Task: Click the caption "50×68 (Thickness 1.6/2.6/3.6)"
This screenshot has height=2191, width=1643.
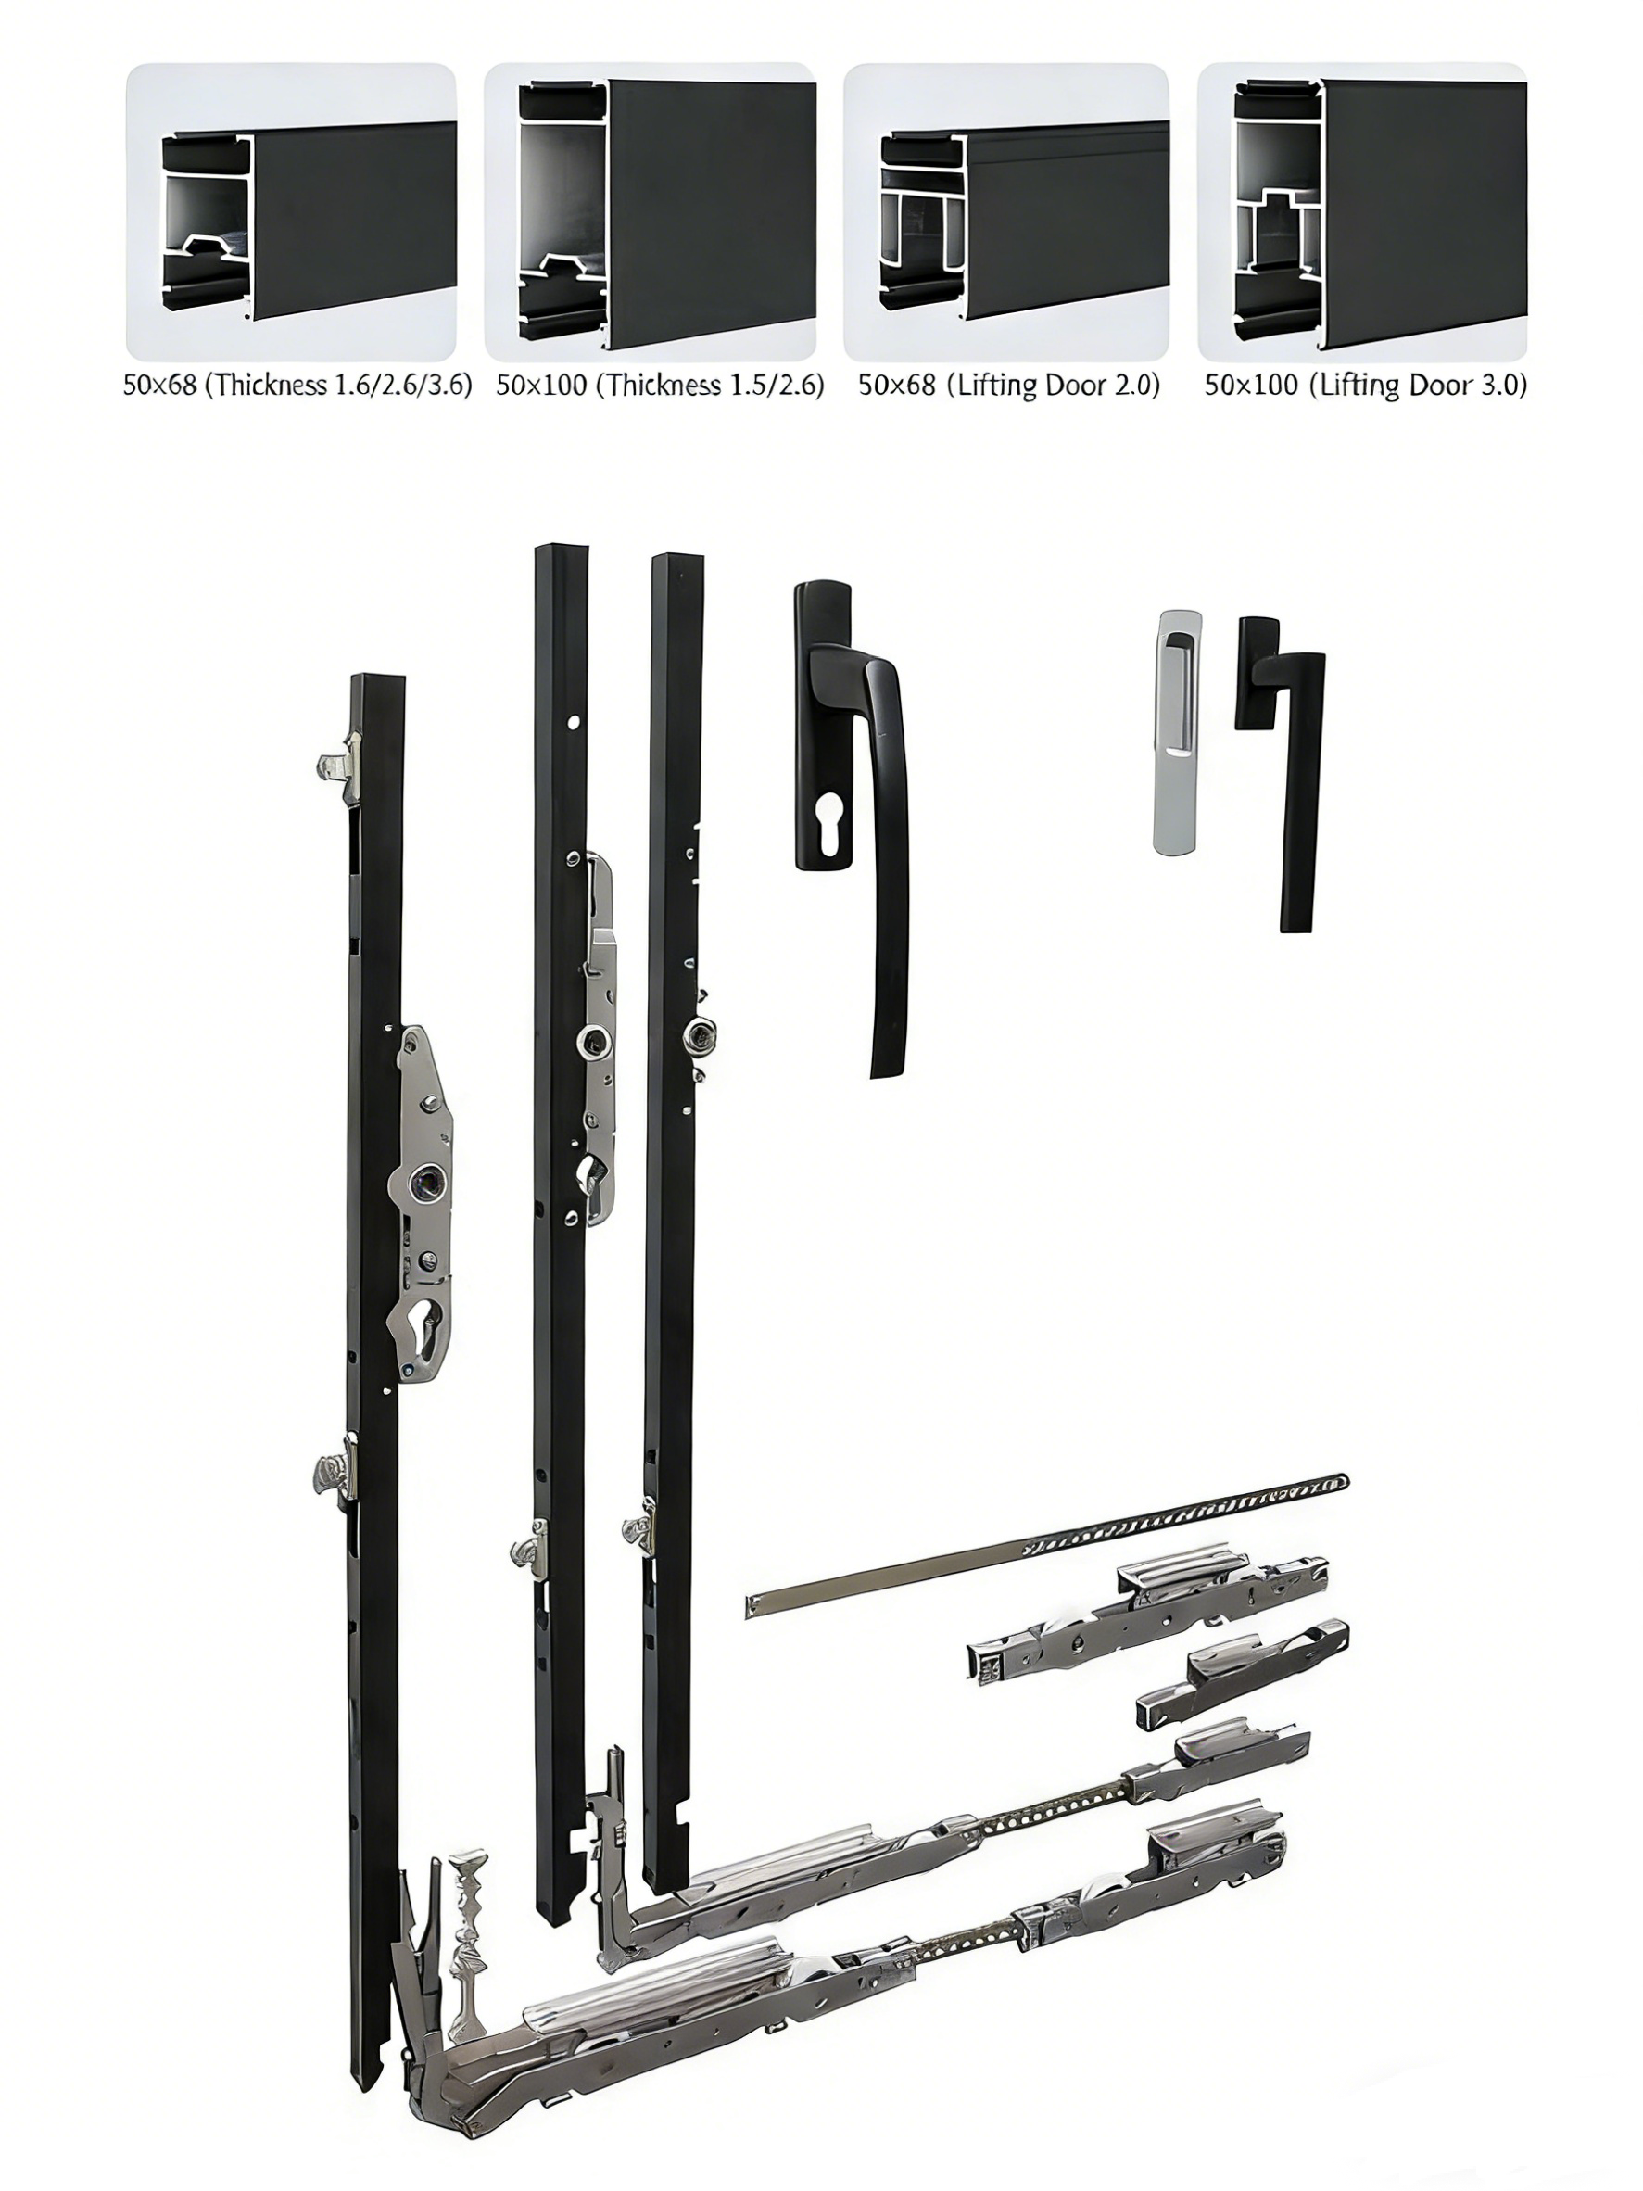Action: [297, 386]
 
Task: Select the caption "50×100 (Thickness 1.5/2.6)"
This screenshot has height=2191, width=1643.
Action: [661, 386]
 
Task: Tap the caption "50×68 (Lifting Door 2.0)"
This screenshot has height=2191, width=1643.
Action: [1009, 386]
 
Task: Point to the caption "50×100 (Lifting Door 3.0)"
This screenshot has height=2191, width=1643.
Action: [1366, 386]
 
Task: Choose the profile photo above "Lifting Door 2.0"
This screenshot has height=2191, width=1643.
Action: [1006, 212]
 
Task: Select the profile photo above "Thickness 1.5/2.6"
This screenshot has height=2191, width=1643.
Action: [650, 212]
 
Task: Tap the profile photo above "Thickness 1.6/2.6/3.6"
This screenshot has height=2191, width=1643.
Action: [291, 212]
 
